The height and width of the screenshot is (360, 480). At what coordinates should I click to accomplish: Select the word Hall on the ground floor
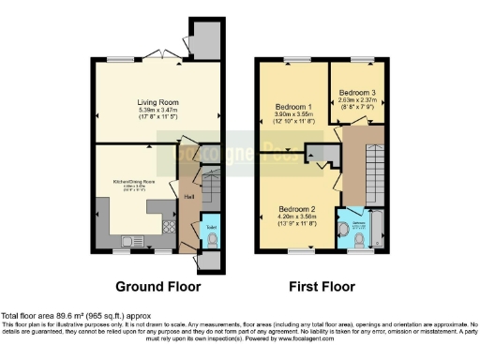point(189,197)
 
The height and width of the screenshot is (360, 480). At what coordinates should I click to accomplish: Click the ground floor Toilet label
point(211,228)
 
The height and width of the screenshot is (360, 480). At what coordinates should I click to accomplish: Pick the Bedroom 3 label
point(358,93)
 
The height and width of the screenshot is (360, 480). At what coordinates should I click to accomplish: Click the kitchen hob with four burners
point(169,226)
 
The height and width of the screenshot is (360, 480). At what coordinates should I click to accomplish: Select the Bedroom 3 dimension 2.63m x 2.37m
point(358,101)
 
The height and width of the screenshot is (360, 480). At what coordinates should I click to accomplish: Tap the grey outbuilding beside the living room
point(203,40)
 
